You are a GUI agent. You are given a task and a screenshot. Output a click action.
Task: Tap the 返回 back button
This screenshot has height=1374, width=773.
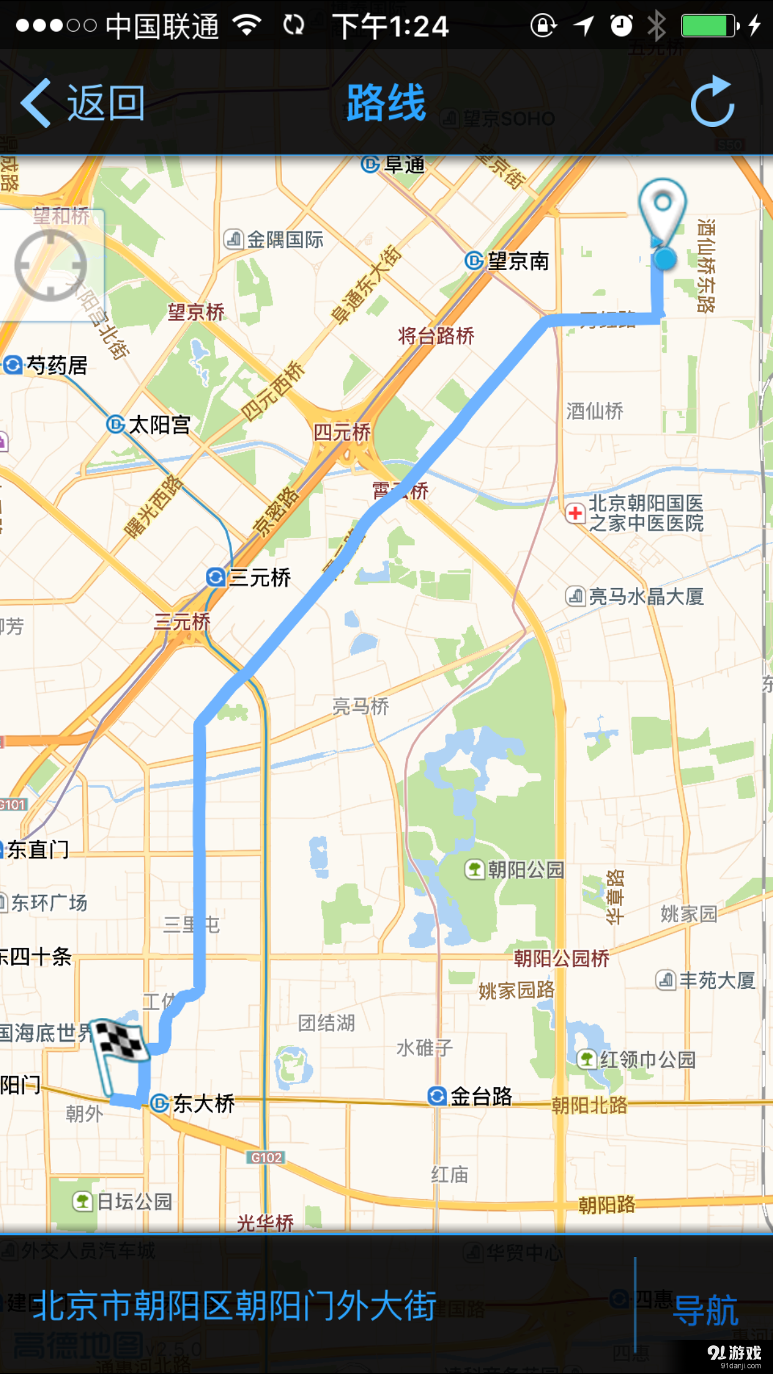pyautogui.click(x=84, y=103)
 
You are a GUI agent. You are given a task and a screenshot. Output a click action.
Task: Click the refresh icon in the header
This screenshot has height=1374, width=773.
pyautogui.click(x=713, y=102)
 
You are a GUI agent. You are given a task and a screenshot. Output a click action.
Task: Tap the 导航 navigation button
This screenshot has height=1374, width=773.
pyautogui.click(x=705, y=1309)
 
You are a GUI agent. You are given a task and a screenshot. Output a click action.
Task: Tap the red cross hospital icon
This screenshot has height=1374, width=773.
pyautogui.click(x=575, y=513)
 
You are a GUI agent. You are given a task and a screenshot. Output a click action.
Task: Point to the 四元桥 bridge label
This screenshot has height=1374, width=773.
pyautogui.click(x=342, y=432)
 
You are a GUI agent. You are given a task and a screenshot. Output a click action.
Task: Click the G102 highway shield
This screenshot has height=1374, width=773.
pyautogui.click(x=266, y=1157)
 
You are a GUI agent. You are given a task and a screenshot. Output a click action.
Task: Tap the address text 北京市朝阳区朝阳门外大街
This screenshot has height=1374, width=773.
pyautogui.click(x=235, y=1306)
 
